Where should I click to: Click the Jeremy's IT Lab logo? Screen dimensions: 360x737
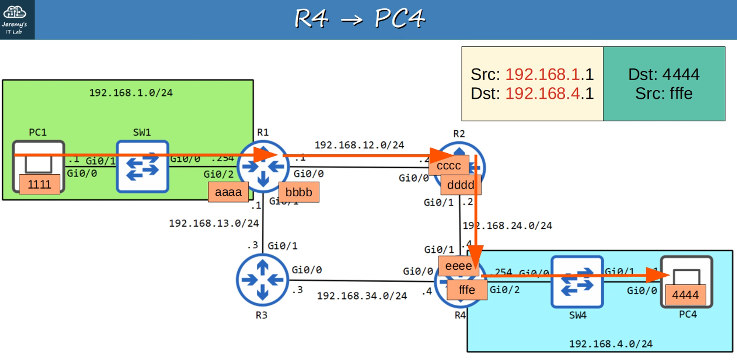pos(15,19)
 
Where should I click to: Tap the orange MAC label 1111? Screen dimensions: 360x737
pos(39,184)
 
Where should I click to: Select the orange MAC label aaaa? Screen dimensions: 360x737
pos(228,192)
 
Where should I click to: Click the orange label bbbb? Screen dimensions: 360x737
pos(298,192)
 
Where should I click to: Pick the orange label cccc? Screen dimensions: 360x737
pos(448,165)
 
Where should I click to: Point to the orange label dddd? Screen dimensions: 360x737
pos(460,185)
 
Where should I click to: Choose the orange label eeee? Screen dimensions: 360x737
pos(458,266)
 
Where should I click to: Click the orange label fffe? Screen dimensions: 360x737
pos(467,290)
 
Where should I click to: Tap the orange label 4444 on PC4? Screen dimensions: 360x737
pos(685,295)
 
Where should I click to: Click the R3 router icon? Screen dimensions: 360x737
pos(262,280)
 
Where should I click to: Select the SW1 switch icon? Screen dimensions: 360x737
pos(143,167)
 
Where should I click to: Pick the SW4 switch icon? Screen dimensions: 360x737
pos(577,282)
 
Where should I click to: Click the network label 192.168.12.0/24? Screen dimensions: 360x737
pos(359,145)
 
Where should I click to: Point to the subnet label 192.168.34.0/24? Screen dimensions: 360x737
pos(362,296)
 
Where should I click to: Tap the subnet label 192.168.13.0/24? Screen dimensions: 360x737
pos(214,223)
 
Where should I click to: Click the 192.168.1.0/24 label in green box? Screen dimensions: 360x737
pos(131,93)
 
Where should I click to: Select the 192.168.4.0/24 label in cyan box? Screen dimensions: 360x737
pos(611,344)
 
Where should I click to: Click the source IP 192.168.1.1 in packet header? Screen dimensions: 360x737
pos(549,74)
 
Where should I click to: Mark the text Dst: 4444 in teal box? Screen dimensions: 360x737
pos(664,74)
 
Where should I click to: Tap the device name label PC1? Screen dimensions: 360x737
pos(38,132)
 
